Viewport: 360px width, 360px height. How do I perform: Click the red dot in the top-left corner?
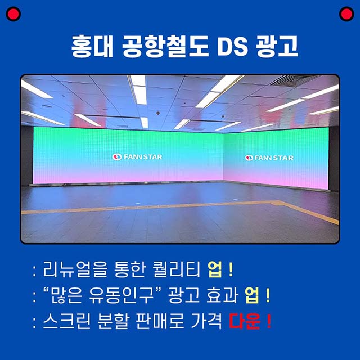(13, 14)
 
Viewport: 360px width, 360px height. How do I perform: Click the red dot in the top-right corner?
(346, 14)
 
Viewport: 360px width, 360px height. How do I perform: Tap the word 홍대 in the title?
(92, 46)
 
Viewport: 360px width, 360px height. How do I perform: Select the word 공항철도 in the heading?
(165, 46)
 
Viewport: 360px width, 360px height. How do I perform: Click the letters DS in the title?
(232, 46)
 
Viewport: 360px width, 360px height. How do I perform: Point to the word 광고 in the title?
(277, 46)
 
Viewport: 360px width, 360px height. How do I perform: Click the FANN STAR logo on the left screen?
(137, 157)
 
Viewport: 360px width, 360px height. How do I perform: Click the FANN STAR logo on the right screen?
(269, 157)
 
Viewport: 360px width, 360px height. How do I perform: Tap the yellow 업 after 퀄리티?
(215, 269)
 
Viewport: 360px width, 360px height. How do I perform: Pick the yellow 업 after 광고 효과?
(252, 295)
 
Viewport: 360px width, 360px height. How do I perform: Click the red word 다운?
(245, 321)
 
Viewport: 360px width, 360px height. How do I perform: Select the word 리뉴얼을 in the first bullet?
(75, 269)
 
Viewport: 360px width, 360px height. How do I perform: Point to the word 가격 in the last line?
(206, 321)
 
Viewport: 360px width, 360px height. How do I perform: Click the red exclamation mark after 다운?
(269, 321)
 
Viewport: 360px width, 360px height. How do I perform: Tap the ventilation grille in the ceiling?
(294, 80)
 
